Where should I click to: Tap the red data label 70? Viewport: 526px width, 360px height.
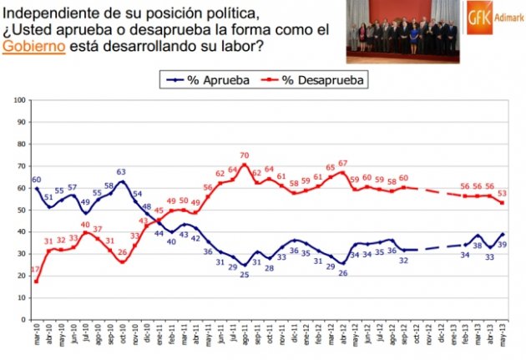tap(245, 155)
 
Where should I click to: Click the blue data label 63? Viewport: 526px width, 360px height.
tap(122, 173)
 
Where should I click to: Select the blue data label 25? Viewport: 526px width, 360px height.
tap(245, 275)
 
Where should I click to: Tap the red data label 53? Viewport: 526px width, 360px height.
tap(503, 194)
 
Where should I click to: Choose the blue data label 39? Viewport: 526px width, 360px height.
tap(503, 244)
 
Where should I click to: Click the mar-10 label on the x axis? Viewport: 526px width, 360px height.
tap(35, 337)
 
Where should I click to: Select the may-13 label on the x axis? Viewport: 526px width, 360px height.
tap(500, 337)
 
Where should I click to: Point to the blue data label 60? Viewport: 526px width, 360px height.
tap(37, 180)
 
